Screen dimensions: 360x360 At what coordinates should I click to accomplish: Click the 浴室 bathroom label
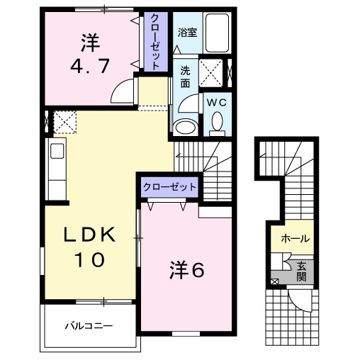pos(186,32)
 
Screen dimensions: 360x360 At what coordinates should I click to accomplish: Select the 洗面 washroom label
pos(184,76)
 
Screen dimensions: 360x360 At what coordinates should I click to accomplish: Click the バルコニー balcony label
pos(90,326)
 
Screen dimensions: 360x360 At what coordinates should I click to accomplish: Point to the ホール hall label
pos(294,239)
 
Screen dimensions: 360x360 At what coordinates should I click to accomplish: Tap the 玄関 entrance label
pos(301,271)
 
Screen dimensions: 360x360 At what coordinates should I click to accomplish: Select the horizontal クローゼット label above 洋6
pos(169,187)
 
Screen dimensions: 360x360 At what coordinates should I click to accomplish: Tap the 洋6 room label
pos(186,270)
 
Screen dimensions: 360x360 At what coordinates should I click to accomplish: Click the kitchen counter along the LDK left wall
pos(56,170)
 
